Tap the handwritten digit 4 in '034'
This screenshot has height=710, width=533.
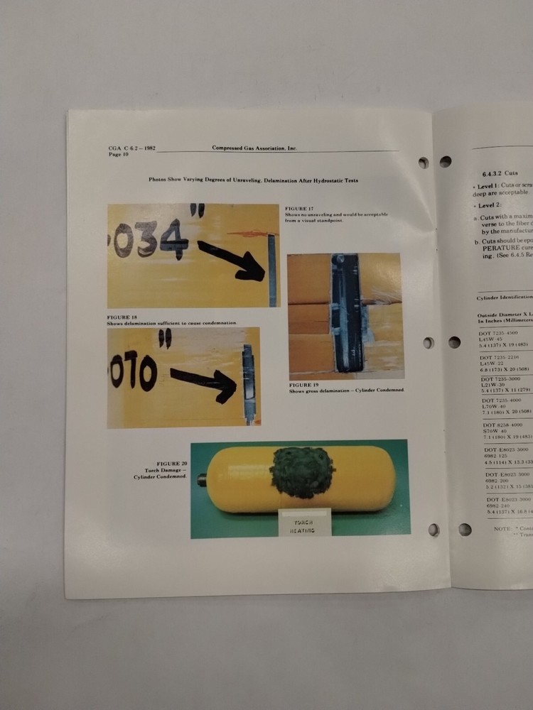point(173,239)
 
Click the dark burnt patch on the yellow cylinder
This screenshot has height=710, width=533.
point(302,471)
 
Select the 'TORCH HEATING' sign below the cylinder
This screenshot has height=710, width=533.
point(304,525)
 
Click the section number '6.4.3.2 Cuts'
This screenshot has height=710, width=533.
point(500,173)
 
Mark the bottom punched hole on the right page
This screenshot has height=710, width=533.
point(465,529)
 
